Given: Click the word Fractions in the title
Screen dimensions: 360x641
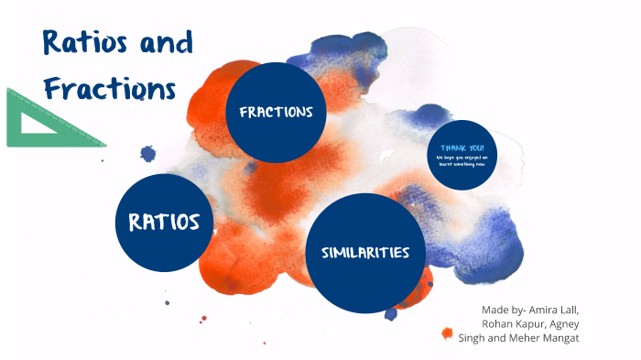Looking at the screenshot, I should [108, 88].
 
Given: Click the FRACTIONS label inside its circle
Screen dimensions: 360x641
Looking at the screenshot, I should [276, 113].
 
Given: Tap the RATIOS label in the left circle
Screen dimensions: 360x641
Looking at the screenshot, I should [165, 222].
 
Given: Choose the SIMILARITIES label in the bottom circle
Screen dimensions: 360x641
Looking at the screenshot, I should [364, 253].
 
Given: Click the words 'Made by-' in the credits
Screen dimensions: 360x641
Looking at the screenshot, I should [503, 310].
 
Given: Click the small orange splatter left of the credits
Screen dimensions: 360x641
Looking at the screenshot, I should [448, 333].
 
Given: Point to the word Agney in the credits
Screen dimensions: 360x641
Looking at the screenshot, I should [560, 323].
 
